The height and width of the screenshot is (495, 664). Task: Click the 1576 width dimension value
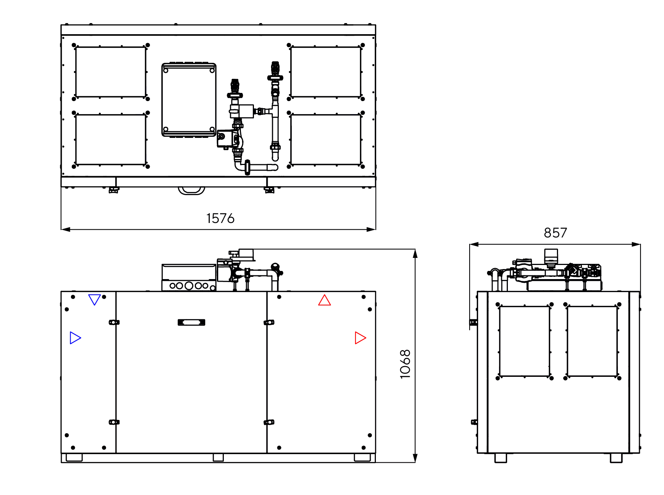[220, 219]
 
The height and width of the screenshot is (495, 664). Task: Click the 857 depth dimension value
[555, 233]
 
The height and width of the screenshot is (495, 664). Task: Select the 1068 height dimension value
[405, 364]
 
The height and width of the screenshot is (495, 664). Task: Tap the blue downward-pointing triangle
[94, 300]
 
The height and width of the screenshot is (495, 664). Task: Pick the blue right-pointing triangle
[75, 338]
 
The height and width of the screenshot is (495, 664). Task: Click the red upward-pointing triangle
[325, 300]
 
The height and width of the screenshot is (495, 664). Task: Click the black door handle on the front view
[191, 322]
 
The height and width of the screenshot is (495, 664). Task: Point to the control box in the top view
[189, 100]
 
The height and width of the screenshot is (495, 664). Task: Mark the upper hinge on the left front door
[114, 322]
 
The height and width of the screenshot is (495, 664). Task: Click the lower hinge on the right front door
[269, 422]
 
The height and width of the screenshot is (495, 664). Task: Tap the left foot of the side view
[501, 458]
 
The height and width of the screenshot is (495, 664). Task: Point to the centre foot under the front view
[218, 457]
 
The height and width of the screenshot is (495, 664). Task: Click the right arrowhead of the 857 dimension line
[636, 245]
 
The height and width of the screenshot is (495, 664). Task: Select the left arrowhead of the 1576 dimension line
[66, 229]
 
